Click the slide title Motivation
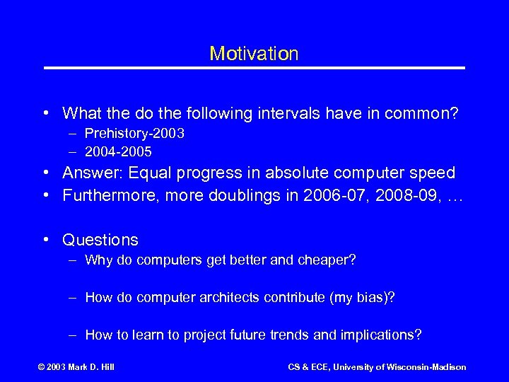254,54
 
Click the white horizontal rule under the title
255,68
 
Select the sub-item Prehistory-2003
134,134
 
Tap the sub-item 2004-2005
118,151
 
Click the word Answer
86,173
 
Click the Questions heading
100,241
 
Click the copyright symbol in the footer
41,367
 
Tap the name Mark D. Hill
91,367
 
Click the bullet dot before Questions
45,241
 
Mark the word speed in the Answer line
434,173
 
